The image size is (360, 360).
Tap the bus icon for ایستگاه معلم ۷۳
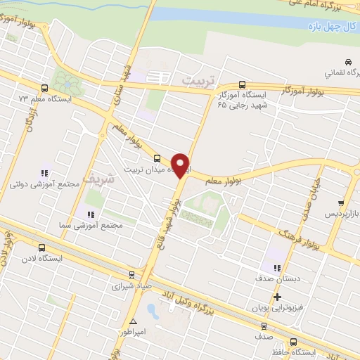pos(45,89)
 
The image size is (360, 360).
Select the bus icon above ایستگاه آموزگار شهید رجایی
pos(243,83)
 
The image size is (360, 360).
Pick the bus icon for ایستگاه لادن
pos(42,247)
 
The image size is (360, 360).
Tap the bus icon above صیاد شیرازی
pos(131,275)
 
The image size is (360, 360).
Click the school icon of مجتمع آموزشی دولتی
pos(44,172)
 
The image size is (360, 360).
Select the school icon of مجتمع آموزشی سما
pos(89,214)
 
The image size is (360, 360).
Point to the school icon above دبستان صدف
pos(276,267)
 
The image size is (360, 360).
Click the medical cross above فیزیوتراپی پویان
pos(277,297)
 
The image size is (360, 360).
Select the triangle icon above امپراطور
pos(132,321)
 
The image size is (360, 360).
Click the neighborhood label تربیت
pos(196,82)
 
